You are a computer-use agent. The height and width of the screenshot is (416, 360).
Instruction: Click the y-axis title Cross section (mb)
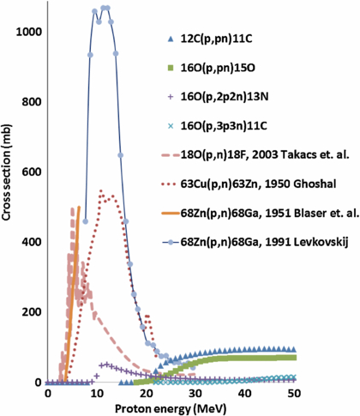9,207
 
